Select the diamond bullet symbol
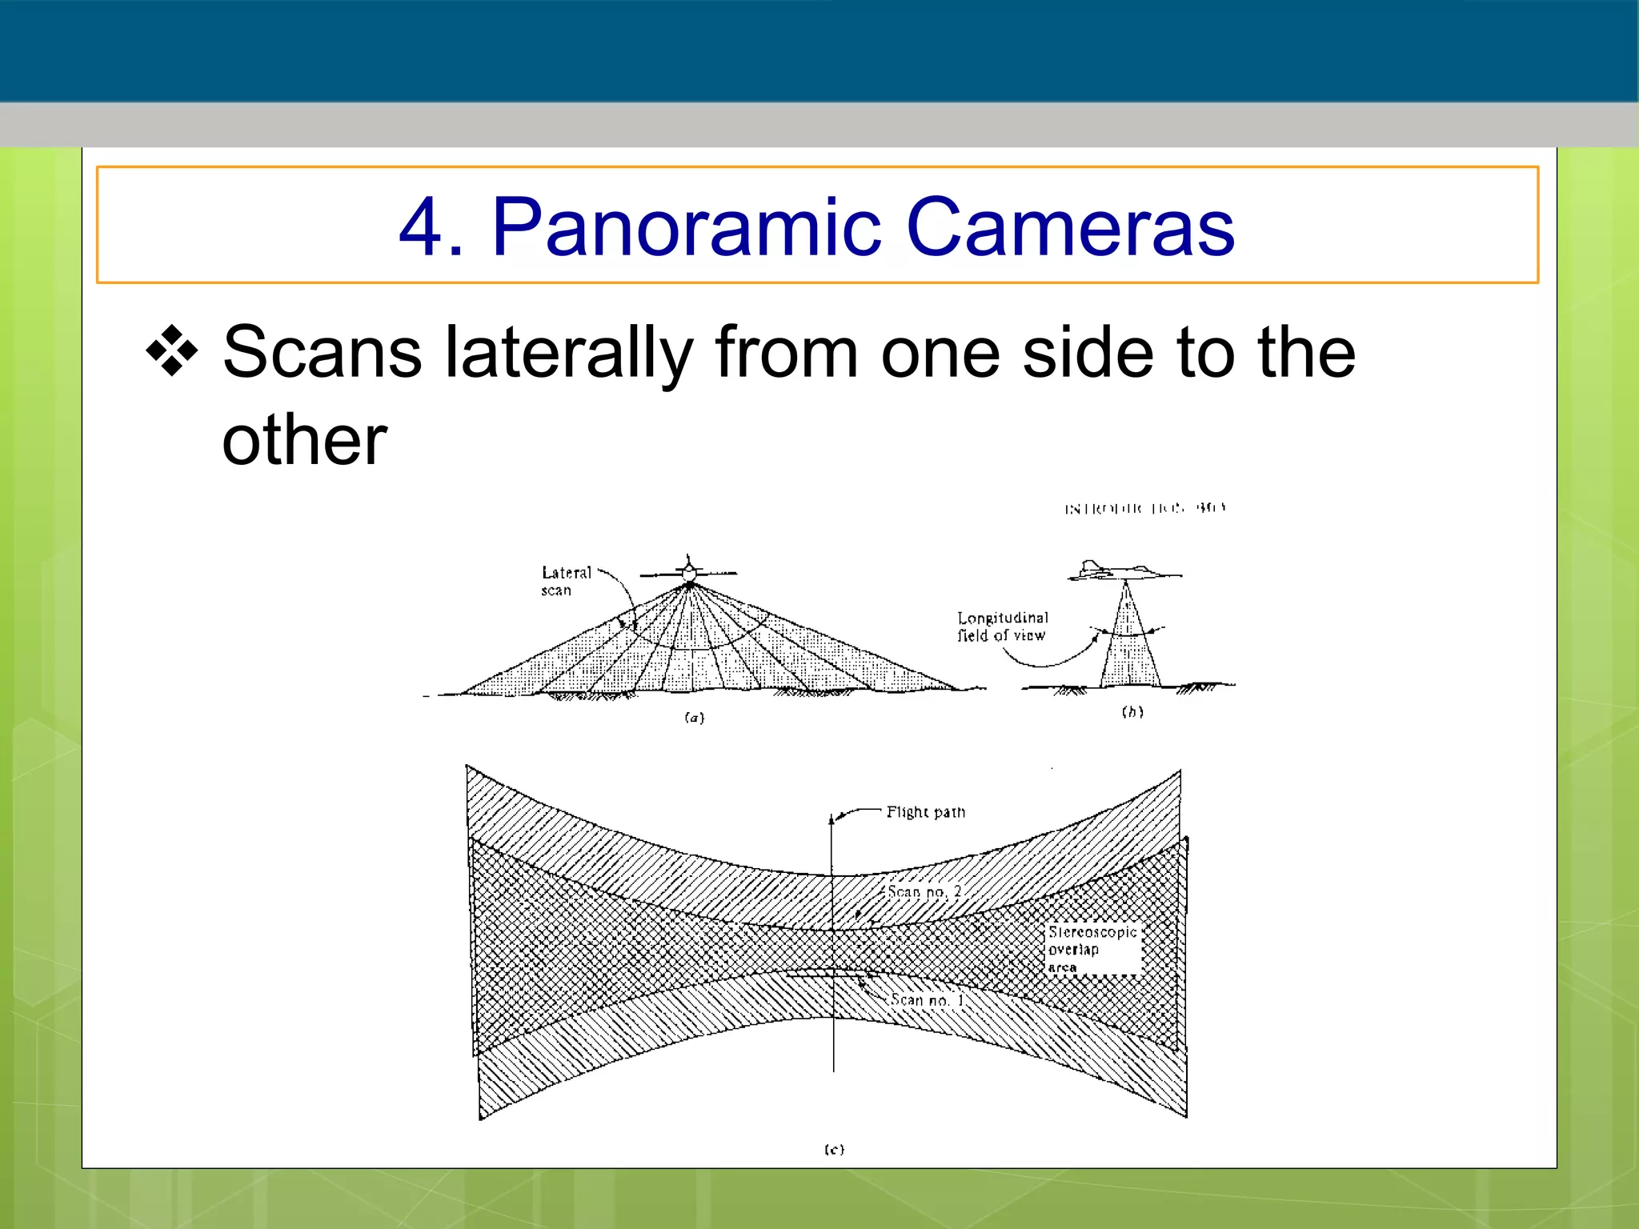click(171, 351)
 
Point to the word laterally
click(568, 354)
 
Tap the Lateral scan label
click(565, 581)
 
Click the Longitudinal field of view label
click(1002, 627)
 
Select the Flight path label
click(926, 812)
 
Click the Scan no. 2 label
click(924, 891)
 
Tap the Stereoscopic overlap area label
click(1092, 950)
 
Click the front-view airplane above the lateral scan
click(689, 571)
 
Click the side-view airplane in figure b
click(1120, 570)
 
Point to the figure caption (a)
click(695, 718)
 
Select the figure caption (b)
click(1132, 711)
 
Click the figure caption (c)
click(834, 1149)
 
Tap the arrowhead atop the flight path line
click(832, 818)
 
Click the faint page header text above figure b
click(1144, 508)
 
